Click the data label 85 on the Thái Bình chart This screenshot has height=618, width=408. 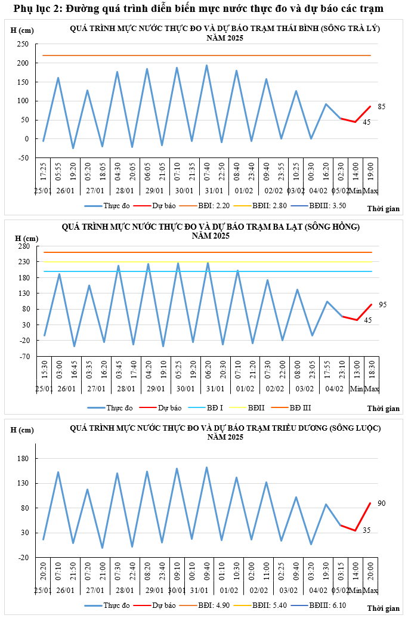point(382,107)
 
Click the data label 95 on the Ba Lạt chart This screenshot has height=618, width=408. point(383,305)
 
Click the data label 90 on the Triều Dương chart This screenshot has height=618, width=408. point(382,503)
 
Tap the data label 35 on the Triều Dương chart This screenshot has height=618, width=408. point(367,530)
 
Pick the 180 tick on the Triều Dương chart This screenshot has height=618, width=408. point(24,459)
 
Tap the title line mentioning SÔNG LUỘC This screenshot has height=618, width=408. point(225,428)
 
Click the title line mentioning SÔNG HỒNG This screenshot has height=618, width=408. point(211,227)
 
